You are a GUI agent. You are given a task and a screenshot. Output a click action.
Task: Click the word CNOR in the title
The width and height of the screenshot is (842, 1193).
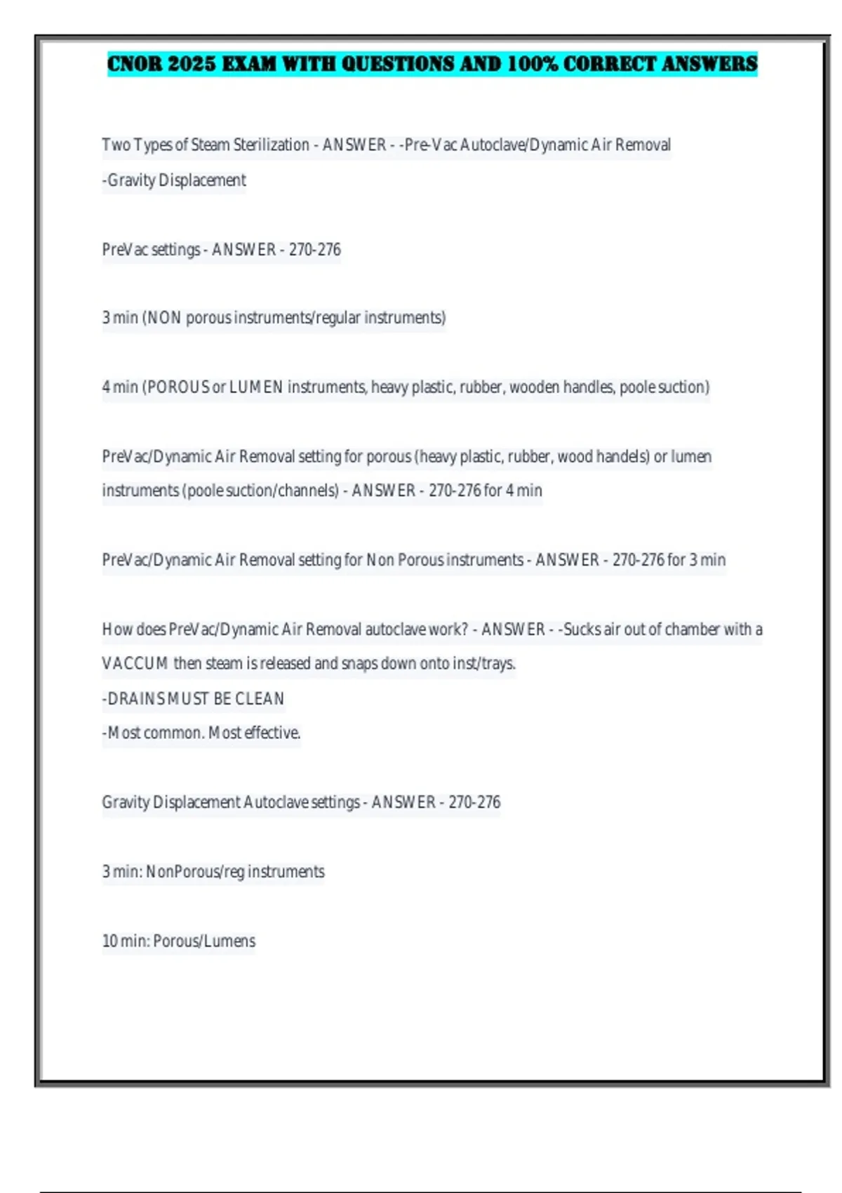point(135,64)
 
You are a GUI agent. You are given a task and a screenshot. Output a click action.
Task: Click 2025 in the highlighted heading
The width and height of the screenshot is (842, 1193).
point(192,64)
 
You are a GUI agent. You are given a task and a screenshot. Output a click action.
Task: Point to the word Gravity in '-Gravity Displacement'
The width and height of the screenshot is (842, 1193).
point(131,180)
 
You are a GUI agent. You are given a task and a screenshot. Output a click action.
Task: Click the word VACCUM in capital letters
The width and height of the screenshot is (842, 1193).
point(135,664)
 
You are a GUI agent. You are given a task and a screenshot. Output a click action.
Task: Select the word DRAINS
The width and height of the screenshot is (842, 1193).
point(135,699)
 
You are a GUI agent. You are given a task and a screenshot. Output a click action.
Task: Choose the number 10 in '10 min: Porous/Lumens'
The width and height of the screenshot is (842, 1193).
point(109,941)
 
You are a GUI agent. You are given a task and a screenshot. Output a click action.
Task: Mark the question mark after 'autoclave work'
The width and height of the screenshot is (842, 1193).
point(464,629)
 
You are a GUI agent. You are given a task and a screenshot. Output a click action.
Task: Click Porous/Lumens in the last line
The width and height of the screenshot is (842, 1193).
point(204,941)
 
